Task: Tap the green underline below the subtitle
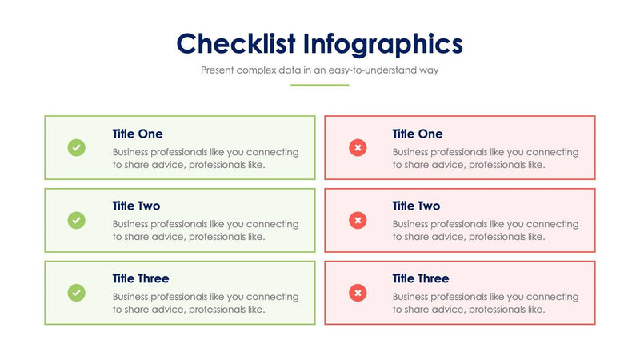[319, 85]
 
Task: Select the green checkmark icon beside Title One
[76, 147]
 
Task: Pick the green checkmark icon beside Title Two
[76, 220]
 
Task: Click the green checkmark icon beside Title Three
[76, 293]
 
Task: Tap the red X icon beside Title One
[358, 147]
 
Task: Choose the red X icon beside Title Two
[358, 220]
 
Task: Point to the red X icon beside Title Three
[358, 293]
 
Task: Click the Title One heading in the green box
[138, 134]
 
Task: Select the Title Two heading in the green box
[136, 206]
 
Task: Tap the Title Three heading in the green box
[141, 278]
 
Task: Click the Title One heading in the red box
[417, 134]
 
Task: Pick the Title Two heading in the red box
[416, 206]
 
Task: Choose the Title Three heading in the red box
[421, 278]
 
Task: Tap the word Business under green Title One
[134, 152]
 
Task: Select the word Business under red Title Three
[414, 297]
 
